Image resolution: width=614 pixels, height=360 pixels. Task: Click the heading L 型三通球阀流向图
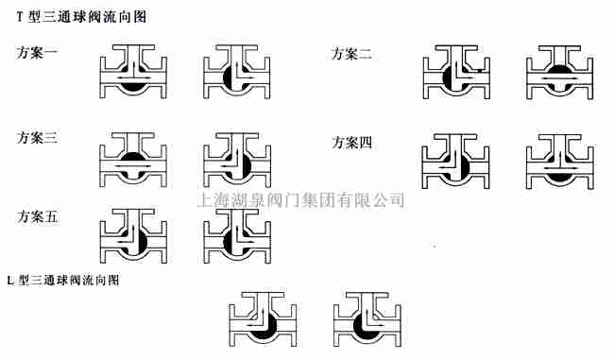pos(63,281)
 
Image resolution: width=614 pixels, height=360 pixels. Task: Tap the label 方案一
pos(38,53)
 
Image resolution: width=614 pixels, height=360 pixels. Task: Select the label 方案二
pos(351,55)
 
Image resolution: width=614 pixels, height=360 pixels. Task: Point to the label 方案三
pos(38,138)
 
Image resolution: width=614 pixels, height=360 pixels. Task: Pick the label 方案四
pos(351,143)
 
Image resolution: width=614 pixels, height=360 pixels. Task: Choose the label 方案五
pos(38,216)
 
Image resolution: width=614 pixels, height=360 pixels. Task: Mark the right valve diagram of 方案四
pos(557,159)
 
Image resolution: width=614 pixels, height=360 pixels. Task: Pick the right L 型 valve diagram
pos(368,317)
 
